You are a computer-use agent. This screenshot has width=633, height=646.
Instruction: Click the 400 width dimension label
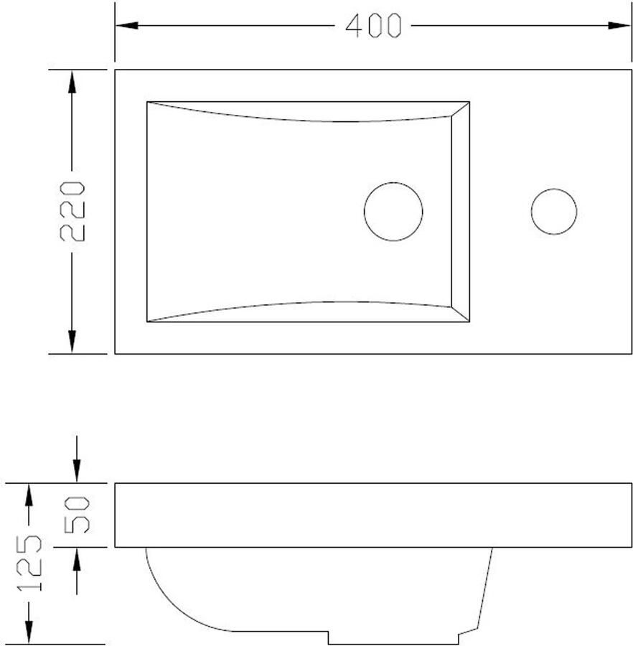click(373, 26)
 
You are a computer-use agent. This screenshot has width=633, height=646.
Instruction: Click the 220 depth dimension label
click(72, 211)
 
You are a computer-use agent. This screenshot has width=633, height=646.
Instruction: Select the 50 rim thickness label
click(77, 515)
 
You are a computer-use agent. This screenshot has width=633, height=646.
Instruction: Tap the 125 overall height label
click(29, 563)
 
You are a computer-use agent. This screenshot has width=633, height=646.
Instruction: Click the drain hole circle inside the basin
click(393, 182)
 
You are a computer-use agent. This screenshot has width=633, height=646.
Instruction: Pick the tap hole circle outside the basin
click(554, 189)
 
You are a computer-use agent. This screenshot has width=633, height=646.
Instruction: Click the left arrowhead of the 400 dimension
click(127, 26)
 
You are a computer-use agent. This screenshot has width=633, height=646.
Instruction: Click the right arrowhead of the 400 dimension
click(619, 26)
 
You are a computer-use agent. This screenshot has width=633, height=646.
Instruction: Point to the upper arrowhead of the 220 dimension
click(72, 82)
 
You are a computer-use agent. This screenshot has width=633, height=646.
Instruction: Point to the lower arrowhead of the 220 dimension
click(72, 342)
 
